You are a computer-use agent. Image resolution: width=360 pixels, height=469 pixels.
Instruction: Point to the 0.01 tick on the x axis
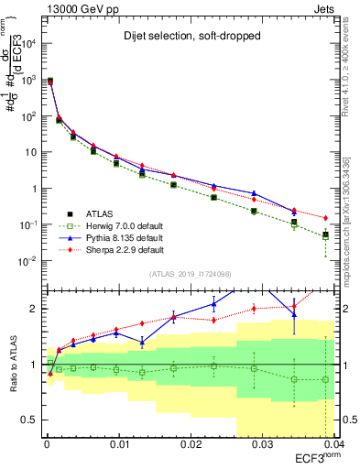click(116, 443)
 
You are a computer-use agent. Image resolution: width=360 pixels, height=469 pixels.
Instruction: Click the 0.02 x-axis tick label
click(188, 443)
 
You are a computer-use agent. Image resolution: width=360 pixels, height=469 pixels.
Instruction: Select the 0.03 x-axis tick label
click(259, 443)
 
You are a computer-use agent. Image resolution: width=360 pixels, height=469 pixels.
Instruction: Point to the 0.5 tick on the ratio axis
click(30, 420)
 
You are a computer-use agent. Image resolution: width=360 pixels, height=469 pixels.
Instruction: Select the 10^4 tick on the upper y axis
click(29, 44)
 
